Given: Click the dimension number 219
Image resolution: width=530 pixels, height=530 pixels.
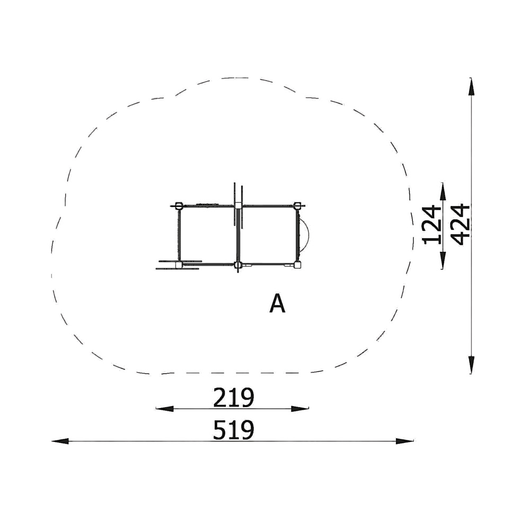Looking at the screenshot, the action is [233, 397].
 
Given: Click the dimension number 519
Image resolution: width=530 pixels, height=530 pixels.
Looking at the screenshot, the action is [233, 430].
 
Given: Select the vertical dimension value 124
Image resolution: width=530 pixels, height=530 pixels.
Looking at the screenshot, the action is [432, 225].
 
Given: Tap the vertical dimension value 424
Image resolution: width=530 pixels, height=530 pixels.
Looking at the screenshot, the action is [461, 225].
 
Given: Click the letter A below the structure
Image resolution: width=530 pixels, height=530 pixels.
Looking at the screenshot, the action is [277, 304].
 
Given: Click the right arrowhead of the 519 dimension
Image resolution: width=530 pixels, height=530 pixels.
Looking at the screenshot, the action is [405, 441].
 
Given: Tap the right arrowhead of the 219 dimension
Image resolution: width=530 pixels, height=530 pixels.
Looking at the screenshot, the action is [300, 409].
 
